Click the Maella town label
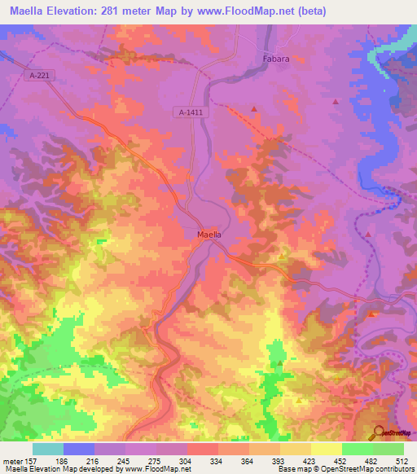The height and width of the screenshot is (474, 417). [209, 235]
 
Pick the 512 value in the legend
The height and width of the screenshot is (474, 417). [402, 460]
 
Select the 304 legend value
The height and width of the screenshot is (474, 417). [187, 460]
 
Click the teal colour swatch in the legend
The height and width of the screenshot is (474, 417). [48, 449]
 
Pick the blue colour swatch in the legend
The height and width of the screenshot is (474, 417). [79, 449]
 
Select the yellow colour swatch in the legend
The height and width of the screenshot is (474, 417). [326, 449]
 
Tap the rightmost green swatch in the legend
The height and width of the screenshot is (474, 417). [388, 449]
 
